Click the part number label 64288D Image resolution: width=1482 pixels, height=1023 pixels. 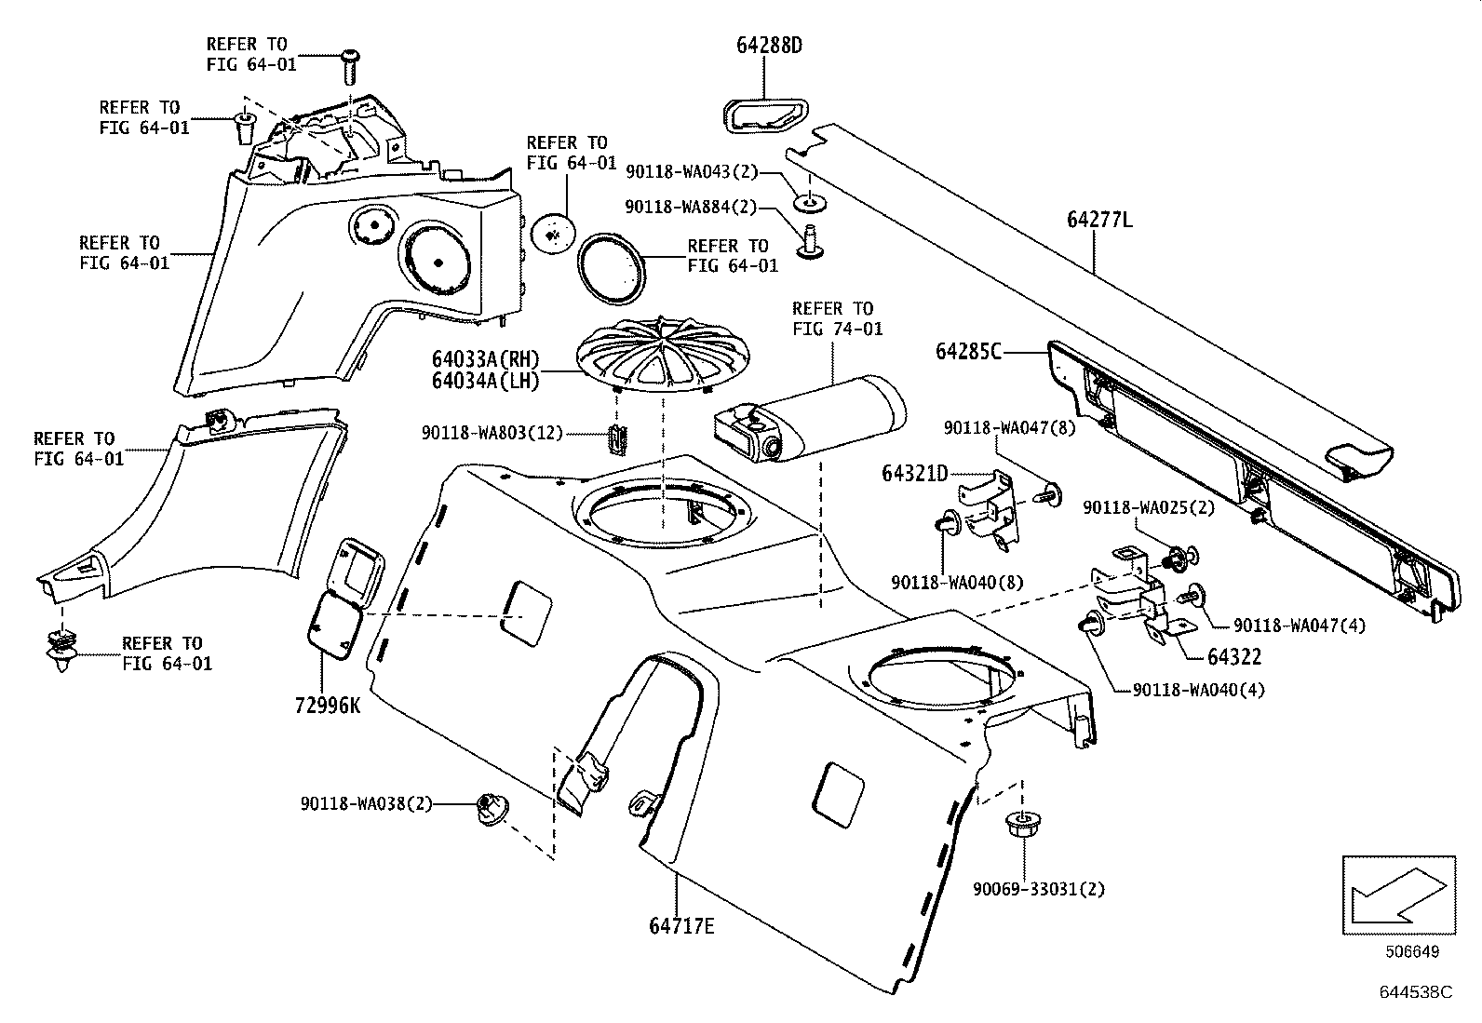pyautogui.click(x=769, y=45)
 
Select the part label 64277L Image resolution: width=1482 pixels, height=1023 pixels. pyautogui.click(x=1098, y=219)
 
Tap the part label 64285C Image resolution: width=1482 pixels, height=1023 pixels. pyautogui.click(x=968, y=351)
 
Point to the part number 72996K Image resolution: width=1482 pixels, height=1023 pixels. pyautogui.click(x=328, y=706)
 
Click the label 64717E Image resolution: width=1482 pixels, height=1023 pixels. pyautogui.click(x=681, y=926)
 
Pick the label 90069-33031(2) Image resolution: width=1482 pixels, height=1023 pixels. pyautogui.click(x=1039, y=889)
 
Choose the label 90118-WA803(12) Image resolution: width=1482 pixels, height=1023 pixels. pyautogui.click(x=492, y=434)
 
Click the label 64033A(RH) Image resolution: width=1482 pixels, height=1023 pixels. pyautogui.click(x=486, y=359)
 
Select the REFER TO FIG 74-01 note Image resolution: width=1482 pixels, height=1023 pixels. pyautogui.click(x=837, y=318)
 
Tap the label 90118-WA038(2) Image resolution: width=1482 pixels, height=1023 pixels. pyautogui.click(x=366, y=804)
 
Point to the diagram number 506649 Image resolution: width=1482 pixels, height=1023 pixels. pyautogui.click(x=1412, y=951)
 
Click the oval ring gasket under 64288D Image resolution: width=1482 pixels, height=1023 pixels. pyautogui.click(x=765, y=116)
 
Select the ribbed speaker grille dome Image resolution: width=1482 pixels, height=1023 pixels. pyautogui.click(x=664, y=356)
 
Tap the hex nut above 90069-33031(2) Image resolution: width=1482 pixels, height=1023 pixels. pyautogui.click(x=1022, y=825)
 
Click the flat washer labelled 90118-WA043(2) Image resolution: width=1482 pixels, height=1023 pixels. pyautogui.click(x=810, y=203)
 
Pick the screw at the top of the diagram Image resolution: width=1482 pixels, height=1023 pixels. pyautogui.click(x=349, y=66)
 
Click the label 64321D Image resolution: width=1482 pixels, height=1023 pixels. pyautogui.click(x=914, y=474)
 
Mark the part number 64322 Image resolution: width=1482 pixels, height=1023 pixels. pyautogui.click(x=1234, y=656)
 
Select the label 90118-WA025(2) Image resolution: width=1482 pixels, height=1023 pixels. pyautogui.click(x=1149, y=508)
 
